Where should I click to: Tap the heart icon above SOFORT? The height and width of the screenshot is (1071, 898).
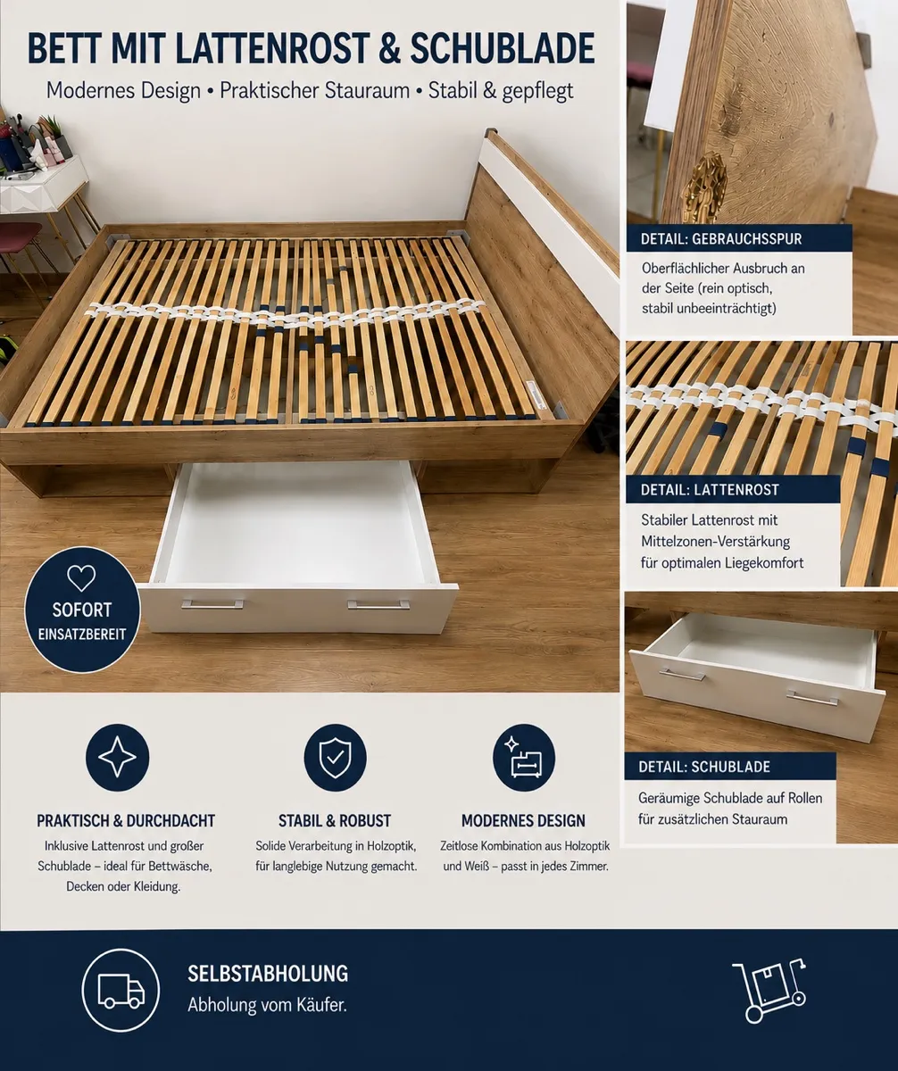point(81,578)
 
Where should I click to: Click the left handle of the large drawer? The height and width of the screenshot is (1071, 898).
point(212,604)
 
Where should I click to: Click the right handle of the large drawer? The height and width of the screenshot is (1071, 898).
point(378,605)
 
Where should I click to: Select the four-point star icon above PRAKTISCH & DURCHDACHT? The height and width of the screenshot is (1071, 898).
point(117,757)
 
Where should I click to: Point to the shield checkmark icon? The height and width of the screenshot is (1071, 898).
point(335,758)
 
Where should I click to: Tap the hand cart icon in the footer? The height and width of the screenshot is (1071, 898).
point(769,992)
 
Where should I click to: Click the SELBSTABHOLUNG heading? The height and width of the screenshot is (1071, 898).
point(268,974)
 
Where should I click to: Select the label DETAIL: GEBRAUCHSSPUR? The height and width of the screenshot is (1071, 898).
point(721,239)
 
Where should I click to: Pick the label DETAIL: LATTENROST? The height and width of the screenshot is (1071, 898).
point(710,490)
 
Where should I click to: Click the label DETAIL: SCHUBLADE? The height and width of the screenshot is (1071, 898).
point(704,767)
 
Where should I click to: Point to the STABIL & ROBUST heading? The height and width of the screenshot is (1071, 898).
point(335,821)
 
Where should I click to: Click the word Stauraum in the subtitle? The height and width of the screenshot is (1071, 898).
point(367,91)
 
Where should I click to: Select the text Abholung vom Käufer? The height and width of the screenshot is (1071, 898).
point(268,1005)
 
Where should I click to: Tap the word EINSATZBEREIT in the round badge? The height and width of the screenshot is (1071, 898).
point(81,634)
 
